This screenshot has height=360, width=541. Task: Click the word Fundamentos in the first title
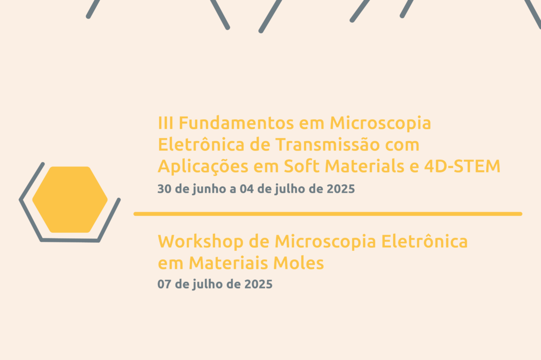pos(236,123)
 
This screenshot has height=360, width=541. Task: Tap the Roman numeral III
pos(166,123)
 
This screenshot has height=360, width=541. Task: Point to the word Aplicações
pos(203,167)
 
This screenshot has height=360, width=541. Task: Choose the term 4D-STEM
pos(462,166)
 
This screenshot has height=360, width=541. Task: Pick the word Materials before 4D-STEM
pos(364,166)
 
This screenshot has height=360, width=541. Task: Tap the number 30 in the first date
pos(164,189)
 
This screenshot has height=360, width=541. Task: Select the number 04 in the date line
pos(246,189)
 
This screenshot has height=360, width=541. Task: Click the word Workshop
pos(200,241)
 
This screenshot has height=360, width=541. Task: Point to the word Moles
pos(299,263)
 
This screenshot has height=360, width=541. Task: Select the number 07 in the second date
pos(164,284)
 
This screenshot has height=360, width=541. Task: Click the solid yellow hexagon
pos(70,200)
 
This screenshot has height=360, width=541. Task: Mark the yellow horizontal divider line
pos(328,214)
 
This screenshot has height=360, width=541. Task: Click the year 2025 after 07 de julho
pos(258,284)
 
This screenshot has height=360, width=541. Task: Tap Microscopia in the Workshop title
pos(325,242)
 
